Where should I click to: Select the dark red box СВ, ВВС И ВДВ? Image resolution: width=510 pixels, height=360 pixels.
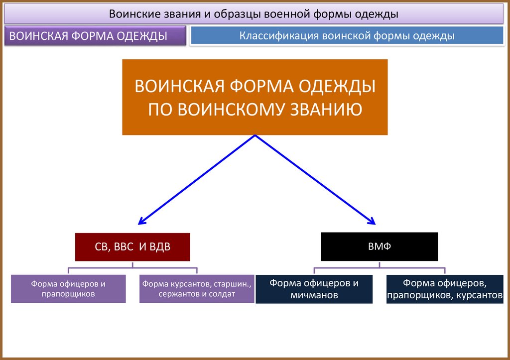click(x=132, y=246)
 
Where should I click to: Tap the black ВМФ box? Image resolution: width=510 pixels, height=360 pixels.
click(x=380, y=246)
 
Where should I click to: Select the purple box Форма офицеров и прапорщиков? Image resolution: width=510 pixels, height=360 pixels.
click(x=68, y=289)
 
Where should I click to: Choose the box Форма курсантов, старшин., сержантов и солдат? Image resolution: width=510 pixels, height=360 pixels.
click(x=197, y=289)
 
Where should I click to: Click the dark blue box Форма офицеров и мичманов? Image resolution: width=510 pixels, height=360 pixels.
click(x=314, y=289)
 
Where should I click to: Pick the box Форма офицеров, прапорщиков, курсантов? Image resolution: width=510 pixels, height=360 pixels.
click(x=445, y=289)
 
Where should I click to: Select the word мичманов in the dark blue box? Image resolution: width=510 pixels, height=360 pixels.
click(x=314, y=295)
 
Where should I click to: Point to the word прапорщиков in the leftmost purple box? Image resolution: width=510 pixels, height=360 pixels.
click(x=68, y=294)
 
